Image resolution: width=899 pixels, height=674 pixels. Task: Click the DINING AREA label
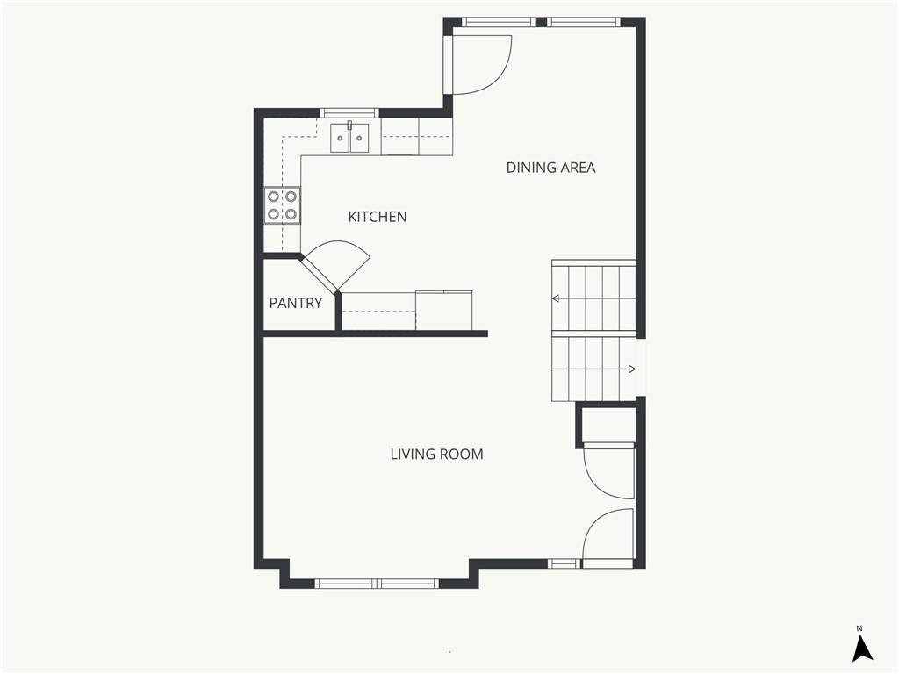[550, 168]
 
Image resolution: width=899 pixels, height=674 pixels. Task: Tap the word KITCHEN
[378, 217]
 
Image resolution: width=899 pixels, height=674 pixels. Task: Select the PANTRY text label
[295, 304]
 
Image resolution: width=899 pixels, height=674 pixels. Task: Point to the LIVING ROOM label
[436, 455]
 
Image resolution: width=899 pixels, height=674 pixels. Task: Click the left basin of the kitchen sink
[341, 139]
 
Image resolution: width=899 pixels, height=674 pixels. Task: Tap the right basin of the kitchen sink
[360, 139]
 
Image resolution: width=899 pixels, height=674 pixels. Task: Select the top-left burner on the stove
[274, 197]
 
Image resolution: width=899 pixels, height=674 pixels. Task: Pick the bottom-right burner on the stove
[291, 214]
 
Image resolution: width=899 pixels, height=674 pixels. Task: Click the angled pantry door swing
[338, 264]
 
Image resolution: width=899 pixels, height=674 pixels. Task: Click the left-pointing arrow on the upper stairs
[556, 298]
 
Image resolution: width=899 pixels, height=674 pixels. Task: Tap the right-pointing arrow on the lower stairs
[630, 369]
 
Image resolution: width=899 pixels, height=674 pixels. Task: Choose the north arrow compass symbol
[862, 649]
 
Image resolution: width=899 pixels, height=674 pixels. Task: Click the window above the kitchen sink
[349, 112]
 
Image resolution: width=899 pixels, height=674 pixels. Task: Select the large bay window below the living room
[377, 583]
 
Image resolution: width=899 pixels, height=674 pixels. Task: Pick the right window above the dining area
[585, 22]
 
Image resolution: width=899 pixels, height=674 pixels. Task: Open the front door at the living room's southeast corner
[608, 535]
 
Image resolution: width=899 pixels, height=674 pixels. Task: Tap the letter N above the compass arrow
[860, 628]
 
